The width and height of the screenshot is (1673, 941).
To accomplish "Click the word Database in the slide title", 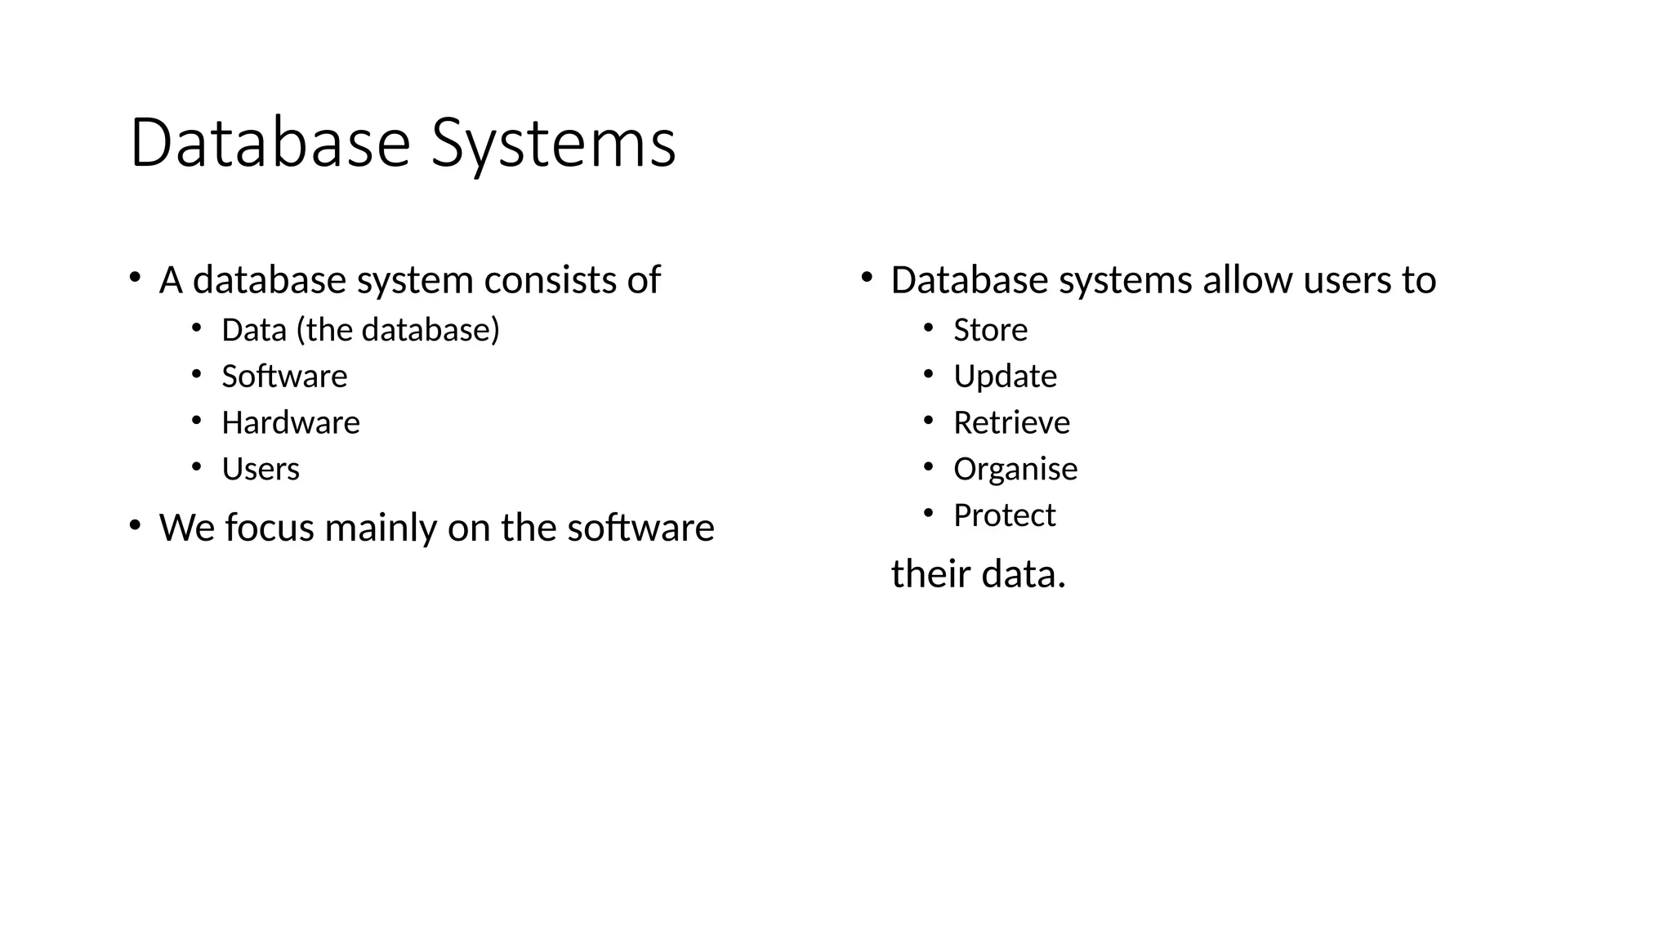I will click(x=270, y=143).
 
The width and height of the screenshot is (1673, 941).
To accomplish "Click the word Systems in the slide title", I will click(x=553, y=143).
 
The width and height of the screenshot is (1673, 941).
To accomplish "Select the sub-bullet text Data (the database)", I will click(x=360, y=330).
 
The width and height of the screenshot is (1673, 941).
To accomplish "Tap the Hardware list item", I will click(x=290, y=423).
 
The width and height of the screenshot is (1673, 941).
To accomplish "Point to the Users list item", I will click(x=261, y=470).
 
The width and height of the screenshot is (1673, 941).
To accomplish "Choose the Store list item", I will click(x=990, y=330).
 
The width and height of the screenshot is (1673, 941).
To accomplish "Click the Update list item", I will click(x=1005, y=377).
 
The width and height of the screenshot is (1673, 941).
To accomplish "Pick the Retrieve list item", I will click(x=1011, y=423).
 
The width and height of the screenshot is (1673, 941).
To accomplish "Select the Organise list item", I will click(x=1015, y=470).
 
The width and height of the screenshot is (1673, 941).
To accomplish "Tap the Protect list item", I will click(x=1004, y=515).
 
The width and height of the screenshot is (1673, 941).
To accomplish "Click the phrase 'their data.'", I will click(x=978, y=573).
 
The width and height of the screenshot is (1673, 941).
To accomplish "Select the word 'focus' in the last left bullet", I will click(x=269, y=528).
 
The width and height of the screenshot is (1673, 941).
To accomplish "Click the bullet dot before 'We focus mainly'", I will click(x=135, y=525).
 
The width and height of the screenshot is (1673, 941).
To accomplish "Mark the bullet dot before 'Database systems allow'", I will click(x=867, y=278).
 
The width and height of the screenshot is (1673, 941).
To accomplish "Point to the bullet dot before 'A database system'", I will click(x=135, y=278).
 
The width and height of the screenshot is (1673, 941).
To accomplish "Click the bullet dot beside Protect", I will click(x=928, y=514).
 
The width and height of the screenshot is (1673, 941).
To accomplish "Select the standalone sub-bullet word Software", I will click(x=284, y=377).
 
